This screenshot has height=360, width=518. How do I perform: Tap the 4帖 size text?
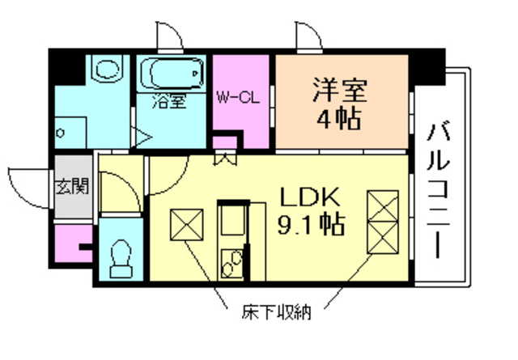coord(340,119)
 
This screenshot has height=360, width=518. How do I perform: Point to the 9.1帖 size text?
coord(312,223)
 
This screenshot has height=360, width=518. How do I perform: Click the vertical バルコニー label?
coord(439,187)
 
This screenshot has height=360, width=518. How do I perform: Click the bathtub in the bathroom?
coord(172,74)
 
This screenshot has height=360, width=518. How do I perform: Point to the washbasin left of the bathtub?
coord(104,68)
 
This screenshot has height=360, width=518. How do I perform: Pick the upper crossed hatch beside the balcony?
coord(383,205)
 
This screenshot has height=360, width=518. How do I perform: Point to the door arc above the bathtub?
coord(169,36)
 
